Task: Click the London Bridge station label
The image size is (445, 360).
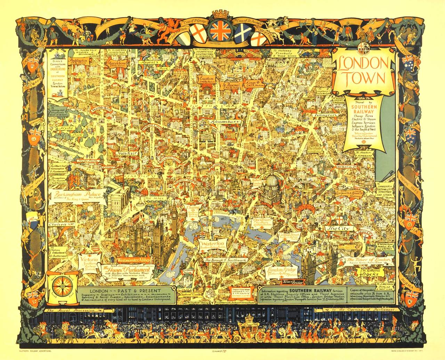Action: coord(276,272)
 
